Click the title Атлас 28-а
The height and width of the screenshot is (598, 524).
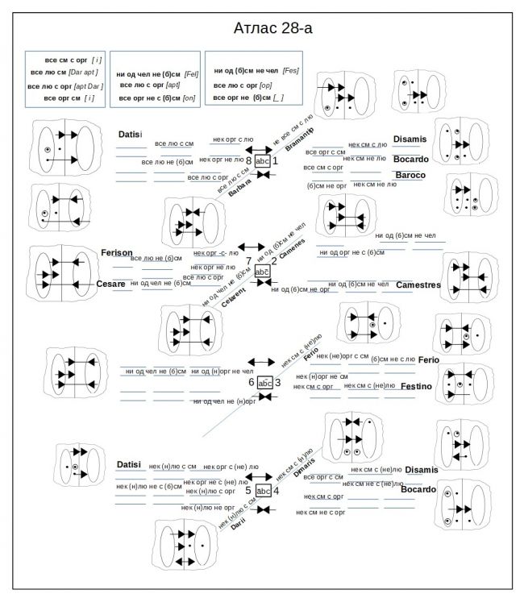tap(272, 28)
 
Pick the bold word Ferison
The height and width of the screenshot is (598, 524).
tap(116, 252)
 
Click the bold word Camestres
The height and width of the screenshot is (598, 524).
tap(418, 284)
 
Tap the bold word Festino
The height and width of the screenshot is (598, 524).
tap(416, 387)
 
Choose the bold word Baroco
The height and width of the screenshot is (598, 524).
tap(410, 175)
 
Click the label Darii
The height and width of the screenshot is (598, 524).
tap(237, 526)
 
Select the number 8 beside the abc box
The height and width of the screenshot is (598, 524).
tap(248, 161)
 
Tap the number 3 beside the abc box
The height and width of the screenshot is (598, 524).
tap(277, 382)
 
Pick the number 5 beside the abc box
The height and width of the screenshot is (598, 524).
tap(248, 490)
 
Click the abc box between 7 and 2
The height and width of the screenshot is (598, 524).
tap(262, 272)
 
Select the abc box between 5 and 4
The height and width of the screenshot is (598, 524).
tap(263, 490)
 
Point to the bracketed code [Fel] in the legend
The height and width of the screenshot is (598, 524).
tap(191, 74)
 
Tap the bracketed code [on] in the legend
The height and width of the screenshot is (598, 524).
tap(189, 98)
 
